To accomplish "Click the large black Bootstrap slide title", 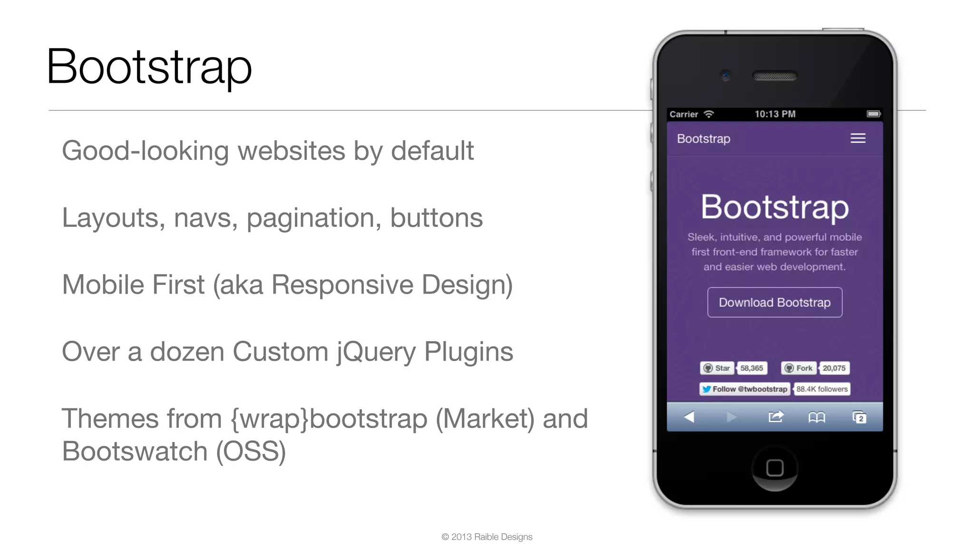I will [x=149, y=67].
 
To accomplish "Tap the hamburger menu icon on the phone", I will [x=857, y=138].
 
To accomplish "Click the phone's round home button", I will [x=775, y=468].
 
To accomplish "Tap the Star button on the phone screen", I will [x=717, y=368].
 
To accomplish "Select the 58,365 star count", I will [x=751, y=368].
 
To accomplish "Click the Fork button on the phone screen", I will [x=799, y=368].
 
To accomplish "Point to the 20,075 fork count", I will [x=834, y=368].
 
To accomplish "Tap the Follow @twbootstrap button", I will [x=745, y=389].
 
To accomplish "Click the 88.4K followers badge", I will [x=822, y=389].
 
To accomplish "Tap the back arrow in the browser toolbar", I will [x=689, y=417].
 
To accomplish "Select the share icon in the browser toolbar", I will [x=776, y=417].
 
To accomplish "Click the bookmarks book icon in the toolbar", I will [x=817, y=418].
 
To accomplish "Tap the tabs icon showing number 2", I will [x=859, y=418].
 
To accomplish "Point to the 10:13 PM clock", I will [x=775, y=114].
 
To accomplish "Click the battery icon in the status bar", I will [x=873, y=114].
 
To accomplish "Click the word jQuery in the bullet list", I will [x=376, y=352].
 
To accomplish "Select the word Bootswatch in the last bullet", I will [x=135, y=451].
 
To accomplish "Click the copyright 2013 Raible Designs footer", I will [x=487, y=537].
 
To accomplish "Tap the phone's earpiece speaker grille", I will [x=775, y=76].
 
